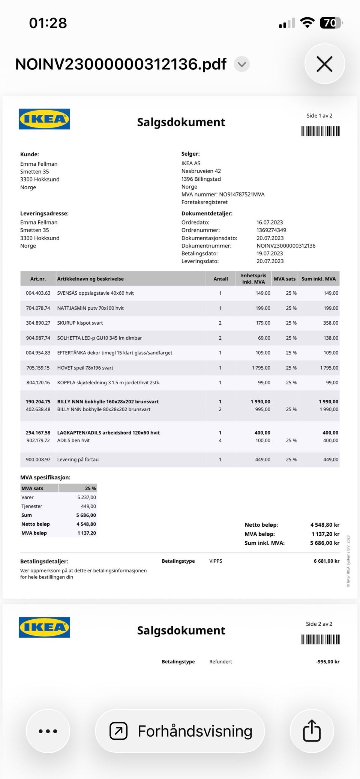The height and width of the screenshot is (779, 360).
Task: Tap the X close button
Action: tap(324, 64)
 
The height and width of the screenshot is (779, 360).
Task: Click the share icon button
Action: tap(312, 731)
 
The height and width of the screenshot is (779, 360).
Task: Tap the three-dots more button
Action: tap(48, 731)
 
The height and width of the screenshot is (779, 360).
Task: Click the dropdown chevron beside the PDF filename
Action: tap(242, 64)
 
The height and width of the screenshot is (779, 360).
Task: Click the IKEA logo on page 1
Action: tap(45, 119)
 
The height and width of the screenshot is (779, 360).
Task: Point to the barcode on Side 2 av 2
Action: tap(320, 639)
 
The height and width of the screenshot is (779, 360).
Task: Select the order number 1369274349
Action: tap(271, 230)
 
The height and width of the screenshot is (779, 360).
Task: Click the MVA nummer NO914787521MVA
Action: tap(242, 194)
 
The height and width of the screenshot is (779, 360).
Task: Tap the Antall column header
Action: tap(220, 279)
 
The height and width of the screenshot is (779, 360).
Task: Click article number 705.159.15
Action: tap(38, 368)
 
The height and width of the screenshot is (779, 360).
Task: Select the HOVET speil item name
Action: tap(85, 368)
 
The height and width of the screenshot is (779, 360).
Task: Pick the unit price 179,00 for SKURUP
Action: tap(263, 323)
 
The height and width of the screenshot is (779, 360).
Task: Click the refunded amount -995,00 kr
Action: tap(327, 662)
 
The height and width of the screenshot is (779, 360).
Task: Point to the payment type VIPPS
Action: tap(216, 561)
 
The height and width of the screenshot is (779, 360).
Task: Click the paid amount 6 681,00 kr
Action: tap(326, 561)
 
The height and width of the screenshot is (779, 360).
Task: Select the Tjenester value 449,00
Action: tap(88, 506)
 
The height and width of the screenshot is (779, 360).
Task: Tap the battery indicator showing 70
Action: tap(331, 23)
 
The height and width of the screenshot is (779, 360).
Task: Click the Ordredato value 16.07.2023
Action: tap(270, 222)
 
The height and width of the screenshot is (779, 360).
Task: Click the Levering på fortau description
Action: tap(78, 459)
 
